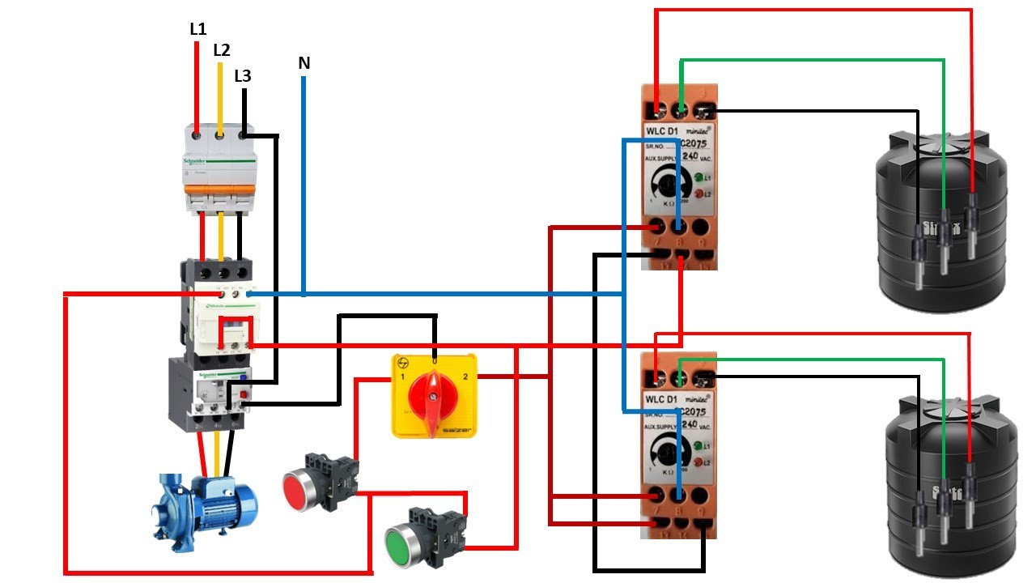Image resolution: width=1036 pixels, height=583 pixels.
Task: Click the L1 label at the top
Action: click(x=198, y=29)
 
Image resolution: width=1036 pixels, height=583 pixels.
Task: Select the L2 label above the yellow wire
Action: click(x=222, y=50)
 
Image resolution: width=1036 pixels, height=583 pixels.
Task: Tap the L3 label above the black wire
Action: click(x=243, y=77)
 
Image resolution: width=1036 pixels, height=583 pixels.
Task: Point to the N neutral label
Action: click(x=304, y=63)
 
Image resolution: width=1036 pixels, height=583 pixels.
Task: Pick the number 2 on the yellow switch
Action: click(x=465, y=378)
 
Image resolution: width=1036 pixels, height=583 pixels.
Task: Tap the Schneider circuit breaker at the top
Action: click(x=219, y=166)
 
